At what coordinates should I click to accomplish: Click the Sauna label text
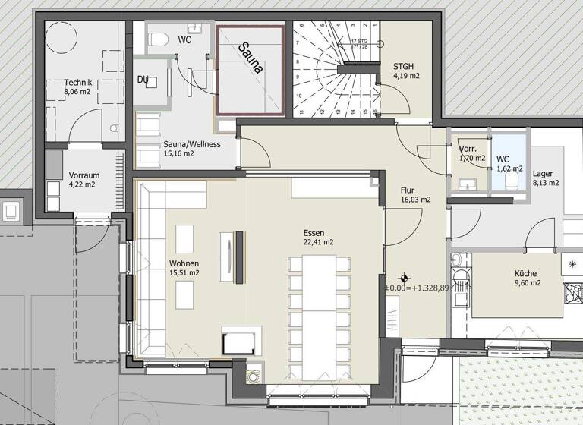pyautogui.click(x=251, y=58)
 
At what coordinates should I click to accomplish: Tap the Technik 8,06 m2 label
pyautogui.click(x=79, y=87)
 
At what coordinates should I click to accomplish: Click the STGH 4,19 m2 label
pyautogui.click(x=406, y=71)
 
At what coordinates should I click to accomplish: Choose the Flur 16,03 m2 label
pyautogui.click(x=415, y=195)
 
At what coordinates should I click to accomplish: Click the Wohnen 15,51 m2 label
pyautogui.click(x=184, y=267)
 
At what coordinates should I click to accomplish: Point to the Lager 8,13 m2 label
pyautogui.click(x=546, y=178)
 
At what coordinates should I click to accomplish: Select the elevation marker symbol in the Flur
pyautogui.click(x=406, y=278)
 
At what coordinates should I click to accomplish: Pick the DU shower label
pyautogui.click(x=143, y=79)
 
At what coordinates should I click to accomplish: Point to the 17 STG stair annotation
pyautogui.click(x=358, y=43)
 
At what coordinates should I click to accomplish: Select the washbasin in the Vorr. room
pyautogui.click(x=465, y=183)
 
